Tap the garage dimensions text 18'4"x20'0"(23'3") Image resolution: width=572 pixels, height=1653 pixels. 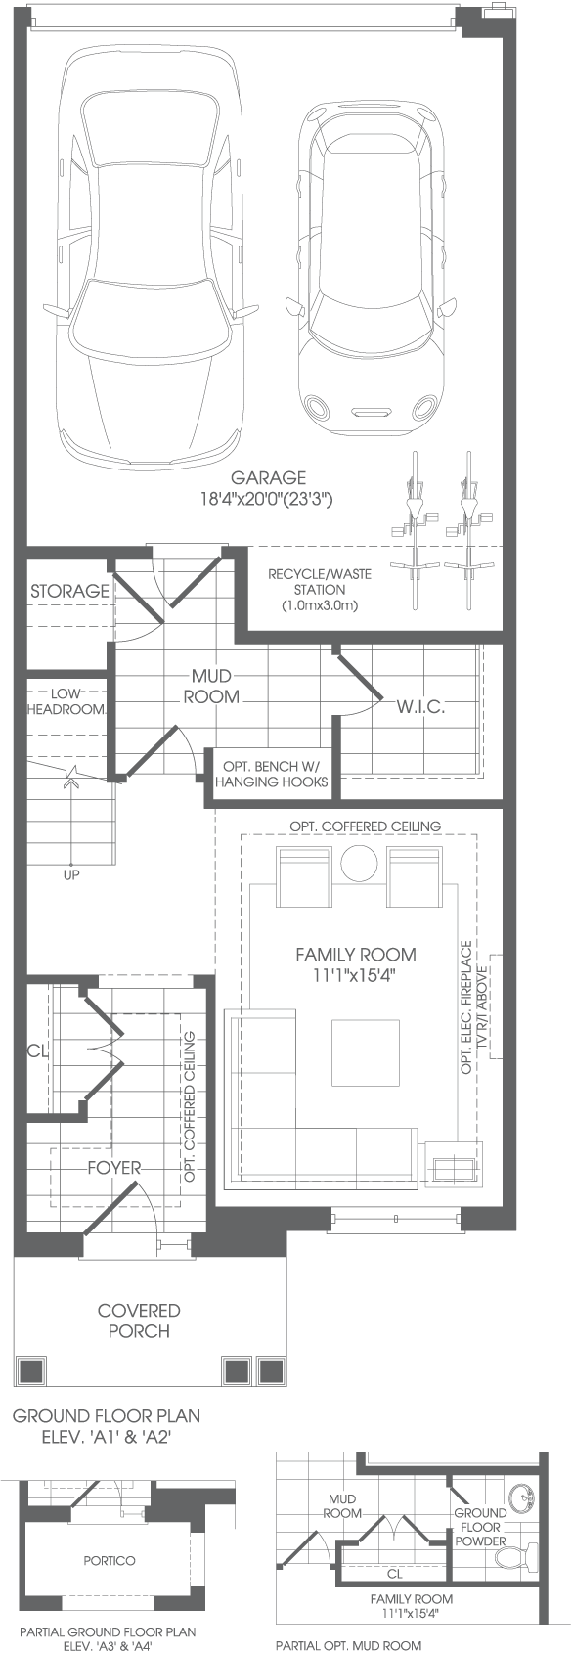pos(268,500)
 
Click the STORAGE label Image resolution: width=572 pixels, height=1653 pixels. pos(70,591)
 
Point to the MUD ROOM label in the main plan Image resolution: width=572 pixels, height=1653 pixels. pos(211,687)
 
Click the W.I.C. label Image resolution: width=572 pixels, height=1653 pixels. pos(420,707)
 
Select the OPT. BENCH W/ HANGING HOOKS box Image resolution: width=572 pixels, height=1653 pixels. pos(271,774)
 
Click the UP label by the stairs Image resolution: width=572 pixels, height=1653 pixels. pos(71,875)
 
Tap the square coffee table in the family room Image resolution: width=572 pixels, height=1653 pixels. pos(366,1053)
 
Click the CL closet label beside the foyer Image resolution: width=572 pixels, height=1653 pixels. pos(37,1050)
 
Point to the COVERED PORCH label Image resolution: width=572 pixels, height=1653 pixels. pos(139,1320)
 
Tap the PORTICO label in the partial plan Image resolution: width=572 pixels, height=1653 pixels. pos(110,1561)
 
